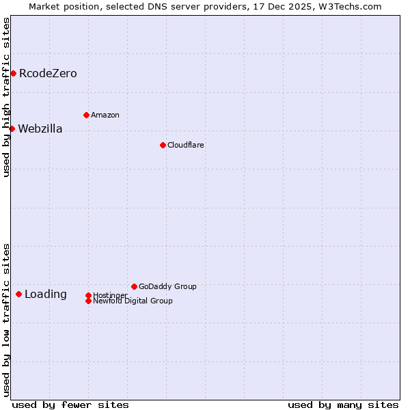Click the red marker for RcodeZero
point(13,73)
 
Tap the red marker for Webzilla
point(12,128)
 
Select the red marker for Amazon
point(86,115)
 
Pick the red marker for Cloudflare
point(163,145)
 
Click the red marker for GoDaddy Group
point(134,286)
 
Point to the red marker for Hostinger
point(88,295)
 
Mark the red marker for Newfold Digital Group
point(88,301)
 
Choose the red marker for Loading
point(18,294)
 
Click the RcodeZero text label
point(48,74)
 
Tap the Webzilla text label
point(40,129)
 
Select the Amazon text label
point(105,115)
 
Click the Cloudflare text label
point(186,146)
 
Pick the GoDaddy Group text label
point(167,287)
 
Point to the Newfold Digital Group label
point(133,301)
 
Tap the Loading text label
point(46,295)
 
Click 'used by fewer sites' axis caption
point(70,405)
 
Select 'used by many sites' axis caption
point(343,405)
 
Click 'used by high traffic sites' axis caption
point(7,97)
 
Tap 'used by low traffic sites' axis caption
point(7,320)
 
